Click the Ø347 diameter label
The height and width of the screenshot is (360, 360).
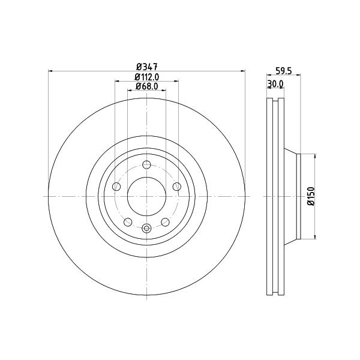pyautogui.click(x=147, y=67)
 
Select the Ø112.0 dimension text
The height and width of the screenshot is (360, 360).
pyautogui.click(x=147, y=77)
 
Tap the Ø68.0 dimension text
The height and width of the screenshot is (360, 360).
pyautogui.click(x=147, y=86)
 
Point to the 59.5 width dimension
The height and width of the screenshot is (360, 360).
pyautogui.click(x=283, y=71)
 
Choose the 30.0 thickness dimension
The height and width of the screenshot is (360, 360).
pyautogui.click(x=275, y=84)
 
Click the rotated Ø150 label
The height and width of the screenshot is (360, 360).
pyautogui.click(x=311, y=196)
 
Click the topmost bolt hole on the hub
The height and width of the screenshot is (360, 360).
pyautogui.click(x=146, y=164)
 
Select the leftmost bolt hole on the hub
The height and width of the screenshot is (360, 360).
pyautogui.click(x=116, y=187)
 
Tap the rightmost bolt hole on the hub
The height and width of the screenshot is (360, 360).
pyautogui.click(x=177, y=187)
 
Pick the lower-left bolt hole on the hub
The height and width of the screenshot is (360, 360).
pyautogui.click(x=128, y=222)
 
